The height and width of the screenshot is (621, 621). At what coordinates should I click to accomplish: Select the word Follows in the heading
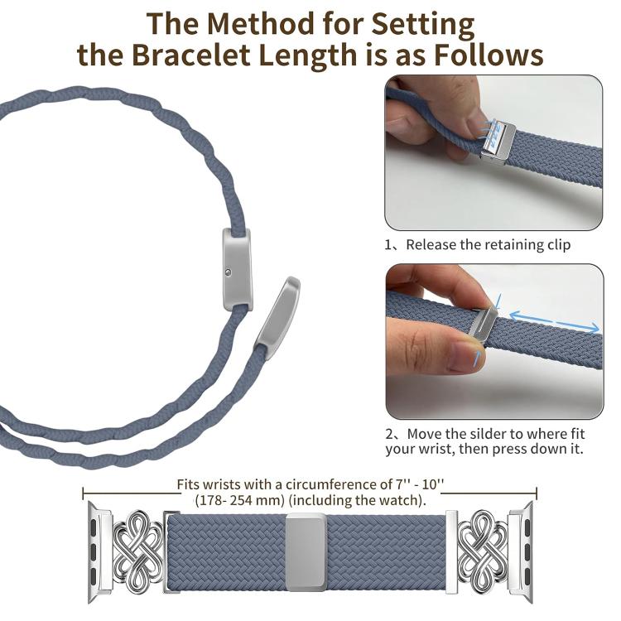(489, 55)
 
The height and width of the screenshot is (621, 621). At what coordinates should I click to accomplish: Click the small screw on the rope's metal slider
(228, 272)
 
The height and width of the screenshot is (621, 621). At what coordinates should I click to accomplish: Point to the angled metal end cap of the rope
(277, 318)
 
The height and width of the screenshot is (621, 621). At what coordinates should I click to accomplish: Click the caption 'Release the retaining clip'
(488, 245)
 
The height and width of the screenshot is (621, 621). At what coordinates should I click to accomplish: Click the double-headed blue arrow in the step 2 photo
(554, 322)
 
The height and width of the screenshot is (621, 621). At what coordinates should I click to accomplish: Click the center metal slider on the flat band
(306, 551)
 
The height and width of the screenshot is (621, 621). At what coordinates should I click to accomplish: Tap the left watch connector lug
(99, 551)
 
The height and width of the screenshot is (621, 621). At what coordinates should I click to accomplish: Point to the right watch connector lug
(521, 551)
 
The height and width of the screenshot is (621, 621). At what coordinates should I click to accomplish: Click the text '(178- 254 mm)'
(239, 500)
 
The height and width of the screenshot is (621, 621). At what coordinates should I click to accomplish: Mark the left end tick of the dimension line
(83, 493)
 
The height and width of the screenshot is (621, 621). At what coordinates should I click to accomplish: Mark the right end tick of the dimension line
(537, 493)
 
